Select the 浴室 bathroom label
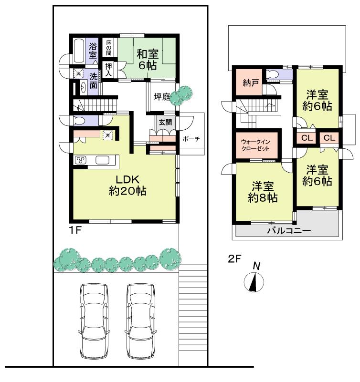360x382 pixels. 93,50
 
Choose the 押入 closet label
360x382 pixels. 109,70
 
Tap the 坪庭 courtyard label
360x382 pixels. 162,97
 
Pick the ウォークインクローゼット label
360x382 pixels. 255,145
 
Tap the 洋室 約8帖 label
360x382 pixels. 263,192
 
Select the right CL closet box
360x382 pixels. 329,138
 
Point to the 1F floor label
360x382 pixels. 75,230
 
